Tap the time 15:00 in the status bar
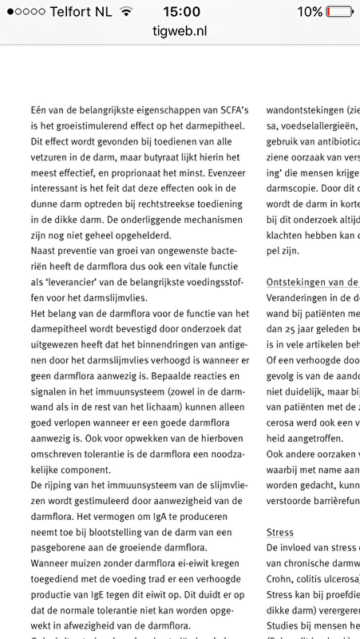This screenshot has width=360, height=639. click(180, 12)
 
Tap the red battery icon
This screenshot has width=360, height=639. click(339, 12)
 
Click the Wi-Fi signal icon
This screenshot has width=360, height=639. click(125, 12)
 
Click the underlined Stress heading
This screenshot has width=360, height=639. click(279, 532)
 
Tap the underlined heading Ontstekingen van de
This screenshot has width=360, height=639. click(312, 282)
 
